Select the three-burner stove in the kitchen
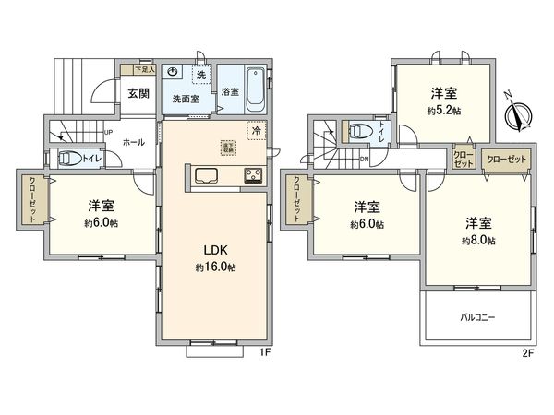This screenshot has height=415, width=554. click(x=252, y=174)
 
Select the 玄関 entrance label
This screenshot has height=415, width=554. click(x=138, y=92)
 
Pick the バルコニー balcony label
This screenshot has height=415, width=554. click(x=478, y=317)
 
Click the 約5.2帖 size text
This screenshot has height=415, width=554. click(x=443, y=110)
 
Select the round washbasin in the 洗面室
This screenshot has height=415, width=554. click(x=175, y=71)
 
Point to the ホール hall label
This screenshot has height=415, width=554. click(x=132, y=142)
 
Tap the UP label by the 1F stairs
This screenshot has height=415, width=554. click(x=109, y=132)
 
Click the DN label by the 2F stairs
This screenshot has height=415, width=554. click(x=364, y=158)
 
